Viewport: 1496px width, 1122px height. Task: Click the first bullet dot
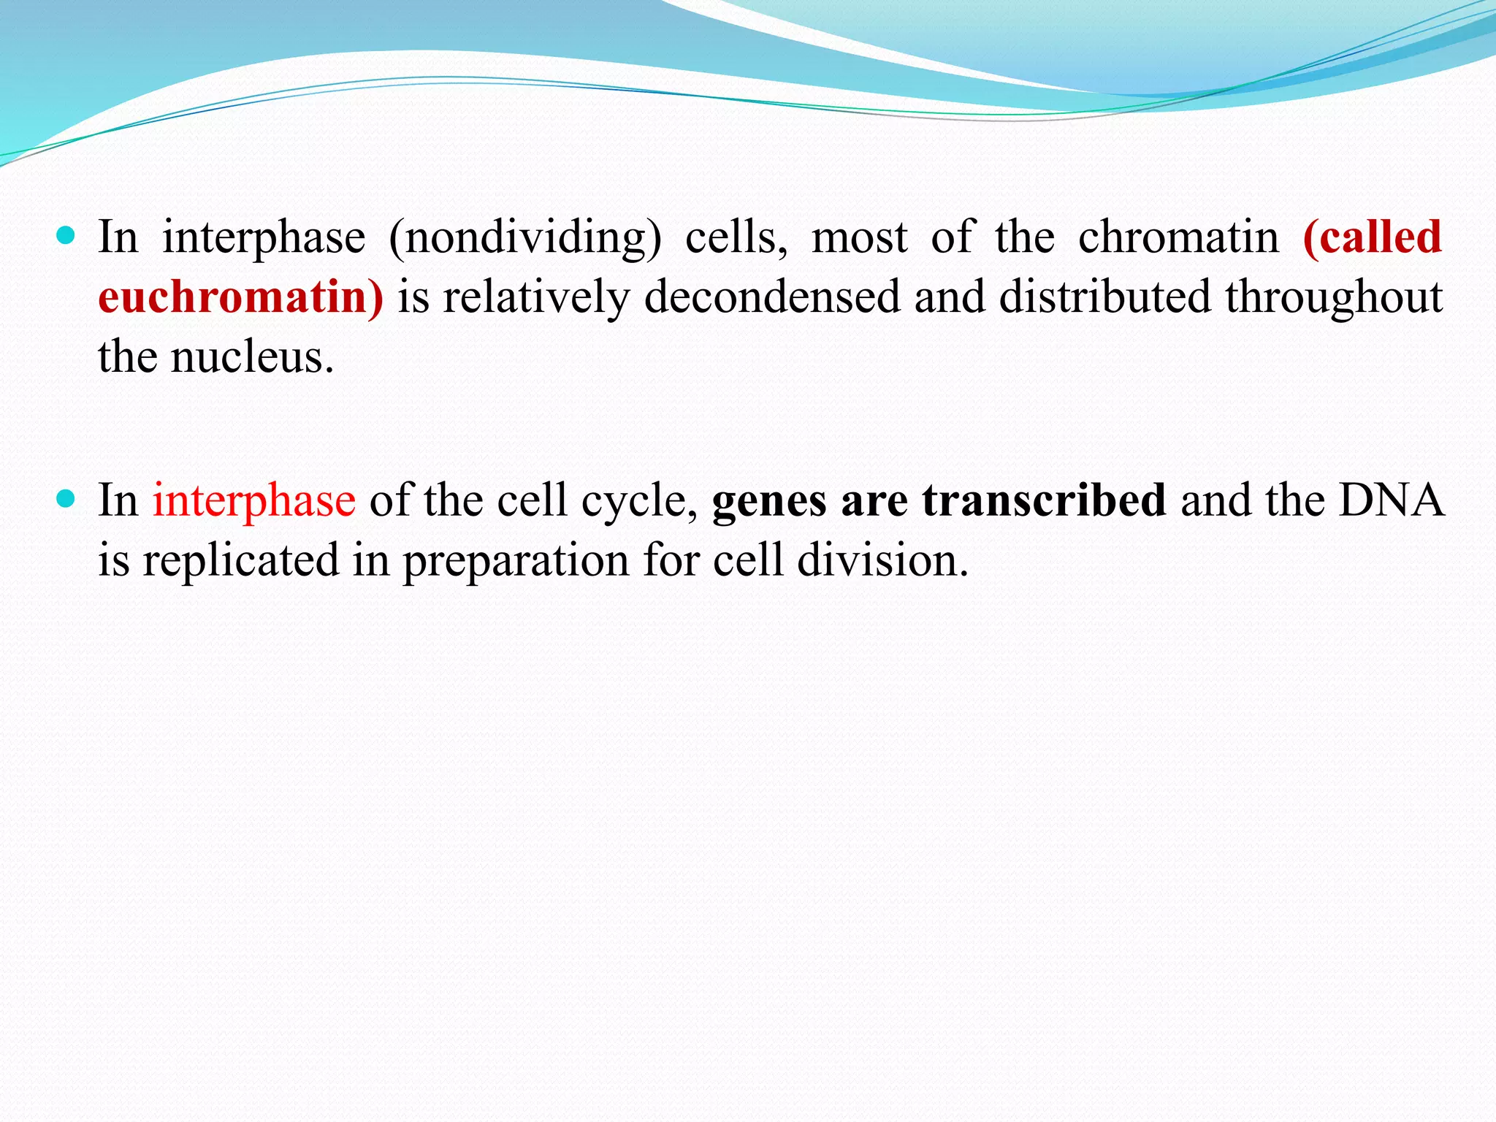(x=66, y=235)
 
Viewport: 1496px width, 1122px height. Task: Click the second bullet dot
(x=66, y=499)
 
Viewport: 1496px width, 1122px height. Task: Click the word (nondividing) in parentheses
(x=524, y=238)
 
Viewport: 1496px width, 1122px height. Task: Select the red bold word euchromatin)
(x=240, y=297)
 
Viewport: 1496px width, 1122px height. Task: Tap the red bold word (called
(x=1372, y=238)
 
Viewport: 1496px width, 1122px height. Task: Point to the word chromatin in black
(x=1178, y=238)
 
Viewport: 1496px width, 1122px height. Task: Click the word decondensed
(x=772, y=297)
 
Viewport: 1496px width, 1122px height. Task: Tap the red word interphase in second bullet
(x=253, y=501)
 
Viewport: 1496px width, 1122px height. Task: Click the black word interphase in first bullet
(x=264, y=238)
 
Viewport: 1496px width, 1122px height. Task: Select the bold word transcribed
(x=1044, y=501)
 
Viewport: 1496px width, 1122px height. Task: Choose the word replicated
(x=241, y=561)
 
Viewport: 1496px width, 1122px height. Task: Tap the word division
(x=882, y=561)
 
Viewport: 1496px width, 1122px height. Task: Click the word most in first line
(x=859, y=238)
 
